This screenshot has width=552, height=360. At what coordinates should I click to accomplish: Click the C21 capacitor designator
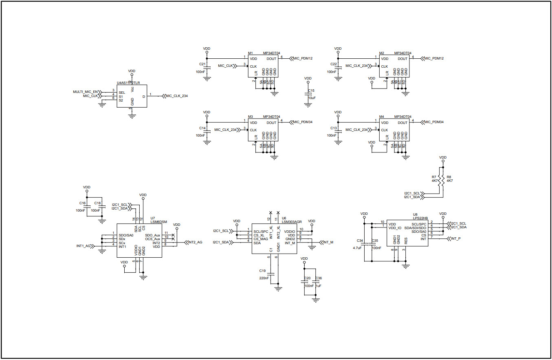click(x=202, y=64)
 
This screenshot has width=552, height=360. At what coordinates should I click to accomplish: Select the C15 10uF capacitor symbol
click(x=308, y=94)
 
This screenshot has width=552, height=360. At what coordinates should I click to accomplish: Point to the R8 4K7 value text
click(x=450, y=181)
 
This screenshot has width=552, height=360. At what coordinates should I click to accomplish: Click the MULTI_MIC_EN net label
click(x=86, y=92)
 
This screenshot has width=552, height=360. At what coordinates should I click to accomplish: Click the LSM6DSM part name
click(x=158, y=222)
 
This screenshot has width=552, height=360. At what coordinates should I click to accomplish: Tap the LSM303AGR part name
click(x=292, y=222)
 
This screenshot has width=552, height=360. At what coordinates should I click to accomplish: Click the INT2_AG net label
click(x=195, y=242)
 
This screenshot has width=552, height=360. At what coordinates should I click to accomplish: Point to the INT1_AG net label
click(x=84, y=246)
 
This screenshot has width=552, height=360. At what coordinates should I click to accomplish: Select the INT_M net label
click(x=328, y=242)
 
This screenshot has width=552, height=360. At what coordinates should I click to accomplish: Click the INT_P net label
click(x=456, y=238)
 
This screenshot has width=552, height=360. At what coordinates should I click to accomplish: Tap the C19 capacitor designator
click(x=262, y=271)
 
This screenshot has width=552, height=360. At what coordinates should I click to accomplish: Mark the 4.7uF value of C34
click(x=357, y=248)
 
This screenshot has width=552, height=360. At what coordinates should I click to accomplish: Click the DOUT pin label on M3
click(x=271, y=123)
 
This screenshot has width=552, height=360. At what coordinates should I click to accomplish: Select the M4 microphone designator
click(x=381, y=117)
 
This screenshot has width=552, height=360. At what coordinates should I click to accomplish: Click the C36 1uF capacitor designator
click(x=319, y=278)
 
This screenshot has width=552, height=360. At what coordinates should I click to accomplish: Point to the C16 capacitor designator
click(x=82, y=203)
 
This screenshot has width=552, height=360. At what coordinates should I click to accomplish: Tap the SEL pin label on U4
click(x=122, y=93)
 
